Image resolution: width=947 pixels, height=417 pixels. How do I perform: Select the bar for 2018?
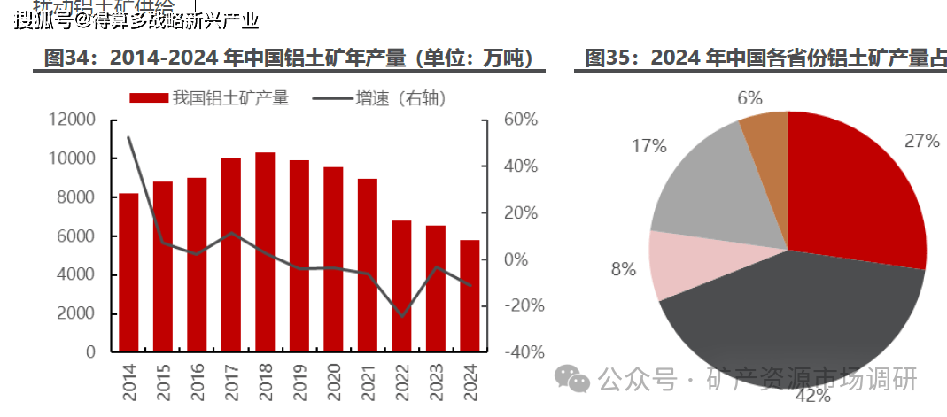pyautogui.click(x=265, y=252)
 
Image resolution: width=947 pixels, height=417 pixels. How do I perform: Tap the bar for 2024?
pyautogui.click(x=470, y=296)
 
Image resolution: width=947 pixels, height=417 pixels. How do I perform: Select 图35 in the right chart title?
pyautogui.click(x=608, y=58)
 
